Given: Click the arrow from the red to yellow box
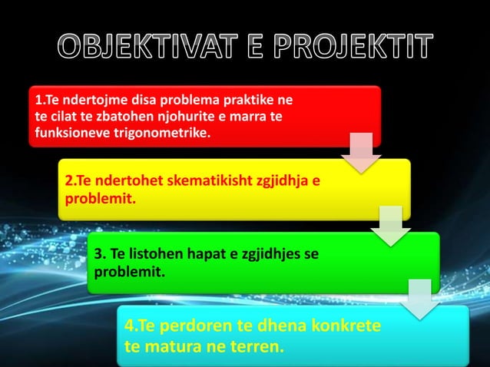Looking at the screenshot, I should (360, 153).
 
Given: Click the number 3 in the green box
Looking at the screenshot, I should (98, 254).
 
